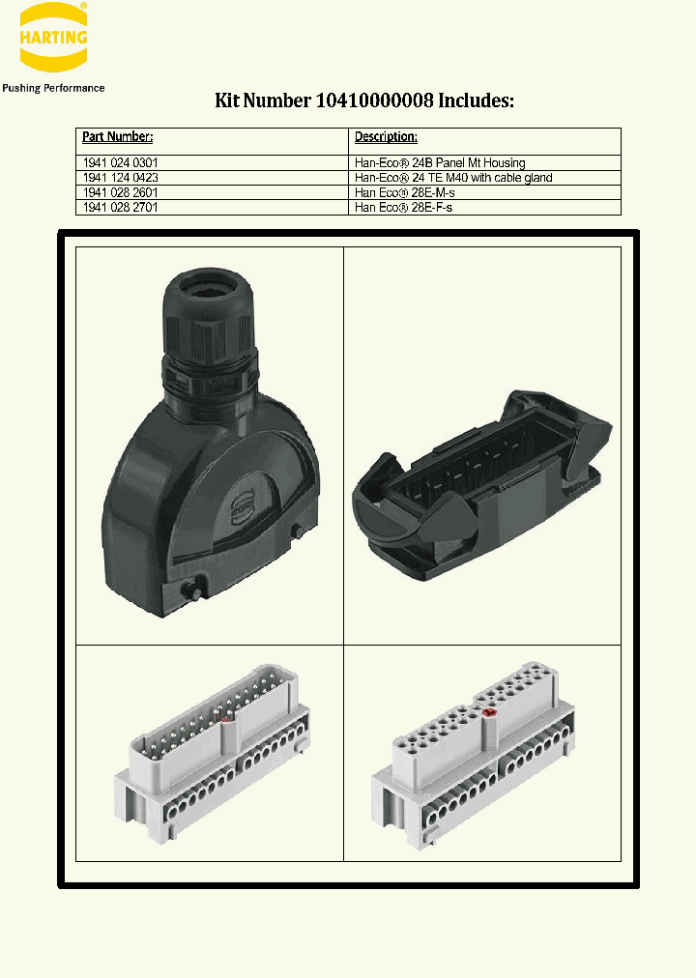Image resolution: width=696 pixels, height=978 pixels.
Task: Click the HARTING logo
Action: click(53, 38)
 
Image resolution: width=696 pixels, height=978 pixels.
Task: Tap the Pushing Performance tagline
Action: click(53, 88)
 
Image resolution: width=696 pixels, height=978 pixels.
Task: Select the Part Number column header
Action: click(118, 137)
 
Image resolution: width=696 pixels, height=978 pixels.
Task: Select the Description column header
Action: click(386, 137)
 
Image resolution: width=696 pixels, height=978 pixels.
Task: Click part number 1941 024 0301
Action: click(121, 163)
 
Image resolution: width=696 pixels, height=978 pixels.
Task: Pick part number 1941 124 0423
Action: click(121, 178)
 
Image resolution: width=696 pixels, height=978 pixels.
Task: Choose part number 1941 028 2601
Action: click(121, 192)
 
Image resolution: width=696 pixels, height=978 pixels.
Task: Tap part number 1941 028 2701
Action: click(121, 207)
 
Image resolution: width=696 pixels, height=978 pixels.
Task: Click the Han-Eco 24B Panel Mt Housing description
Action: click(440, 163)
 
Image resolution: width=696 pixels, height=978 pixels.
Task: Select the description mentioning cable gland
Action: click(453, 178)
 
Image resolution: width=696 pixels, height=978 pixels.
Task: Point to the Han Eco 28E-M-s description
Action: click(404, 192)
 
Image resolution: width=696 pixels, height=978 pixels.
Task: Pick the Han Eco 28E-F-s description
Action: click(403, 207)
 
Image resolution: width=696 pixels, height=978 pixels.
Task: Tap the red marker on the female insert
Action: click(488, 713)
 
